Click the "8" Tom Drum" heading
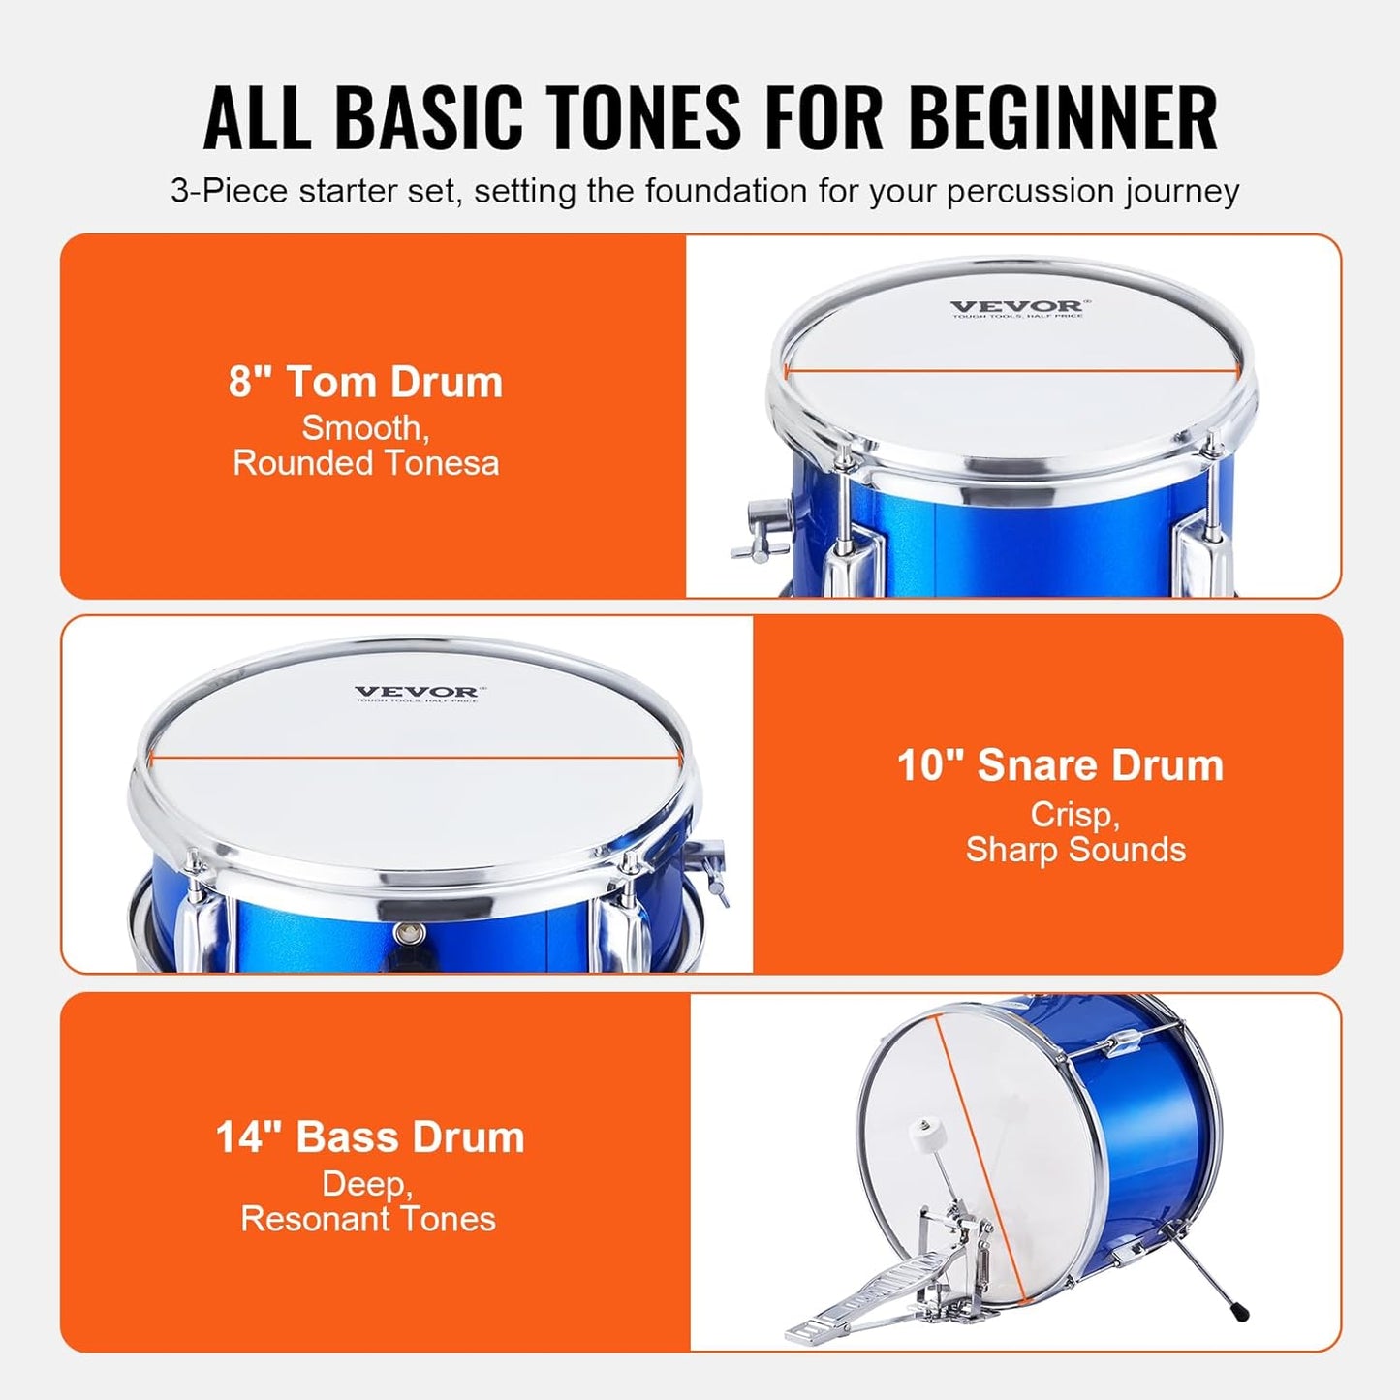click(365, 382)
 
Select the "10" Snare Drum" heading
click(1060, 765)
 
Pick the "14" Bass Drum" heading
click(369, 1137)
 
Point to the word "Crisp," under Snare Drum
click(1074, 815)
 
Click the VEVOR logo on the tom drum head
click(1015, 307)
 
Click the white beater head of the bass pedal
click(920, 1129)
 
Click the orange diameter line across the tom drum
click(1011, 370)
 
